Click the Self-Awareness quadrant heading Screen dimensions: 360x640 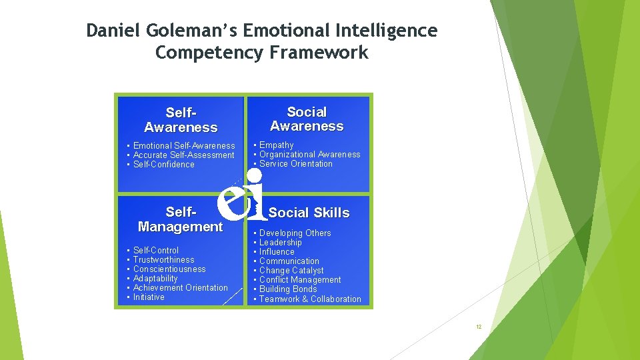[181, 120]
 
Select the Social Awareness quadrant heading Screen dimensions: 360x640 [307, 119]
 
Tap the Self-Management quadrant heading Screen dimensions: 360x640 [180, 219]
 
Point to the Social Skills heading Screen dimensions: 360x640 [309, 213]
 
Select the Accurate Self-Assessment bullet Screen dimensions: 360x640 [183, 155]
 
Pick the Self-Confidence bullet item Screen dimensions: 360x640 [163, 165]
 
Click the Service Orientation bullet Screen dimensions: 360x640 [295, 164]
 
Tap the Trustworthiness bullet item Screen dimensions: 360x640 [163, 260]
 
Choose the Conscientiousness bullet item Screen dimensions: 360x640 [169, 269]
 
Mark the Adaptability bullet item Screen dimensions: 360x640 [155, 279]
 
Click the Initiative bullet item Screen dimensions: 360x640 [149, 297]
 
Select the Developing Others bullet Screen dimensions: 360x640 [295, 233]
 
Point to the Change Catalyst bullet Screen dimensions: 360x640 [291, 271]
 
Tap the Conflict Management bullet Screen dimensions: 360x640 [300, 280]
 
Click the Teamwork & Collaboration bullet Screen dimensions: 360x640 [310, 299]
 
